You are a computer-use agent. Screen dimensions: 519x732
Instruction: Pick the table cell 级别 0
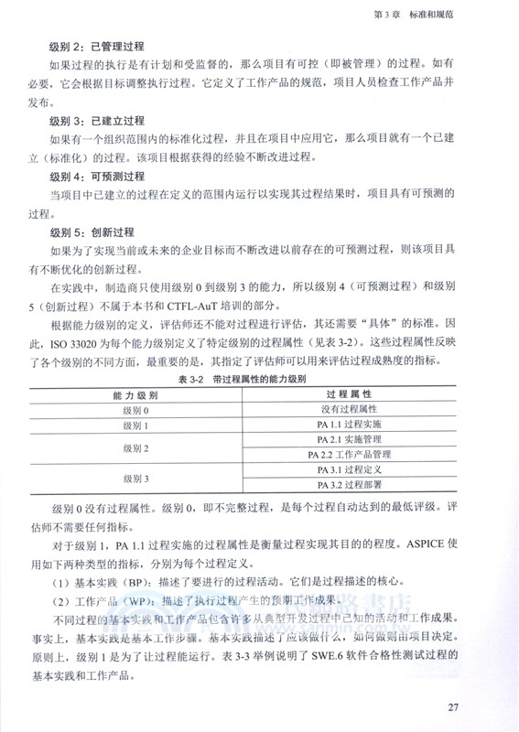[134, 410]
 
